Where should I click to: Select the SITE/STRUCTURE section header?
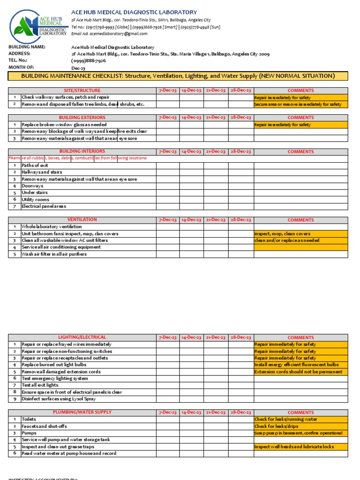(x=82, y=90)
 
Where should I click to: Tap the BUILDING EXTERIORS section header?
(x=82, y=118)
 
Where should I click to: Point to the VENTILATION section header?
(x=82, y=220)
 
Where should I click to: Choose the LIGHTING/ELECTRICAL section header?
(x=82, y=337)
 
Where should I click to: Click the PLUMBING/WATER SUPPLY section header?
(x=82, y=412)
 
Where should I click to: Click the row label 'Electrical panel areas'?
(x=44, y=206)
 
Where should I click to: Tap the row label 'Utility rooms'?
(x=36, y=200)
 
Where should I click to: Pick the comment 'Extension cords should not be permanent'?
(x=298, y=372)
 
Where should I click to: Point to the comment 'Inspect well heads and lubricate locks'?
(x=294, y=447)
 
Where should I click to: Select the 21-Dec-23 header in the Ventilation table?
(x=215, y=220)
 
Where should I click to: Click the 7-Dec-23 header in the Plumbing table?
(x=167, y=412)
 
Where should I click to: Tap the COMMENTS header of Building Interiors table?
(x=300, y=152)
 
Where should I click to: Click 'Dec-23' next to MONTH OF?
(x=78, y=68)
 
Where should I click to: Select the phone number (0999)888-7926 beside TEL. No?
(x=89, y=61)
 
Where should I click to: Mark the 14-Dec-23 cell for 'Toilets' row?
(x=191, y=420)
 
